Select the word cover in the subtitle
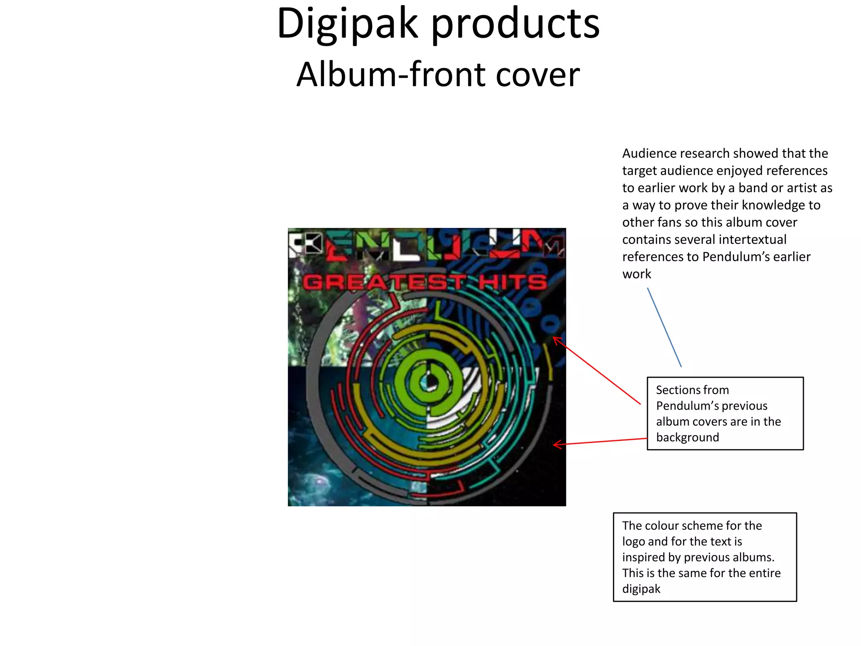click(x=538, y=75)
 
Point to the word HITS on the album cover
click(x=513, y=282)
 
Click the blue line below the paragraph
click(x=664, y=327)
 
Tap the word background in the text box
click(x=687, y=438)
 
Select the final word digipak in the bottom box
click(x=641, y=589)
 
